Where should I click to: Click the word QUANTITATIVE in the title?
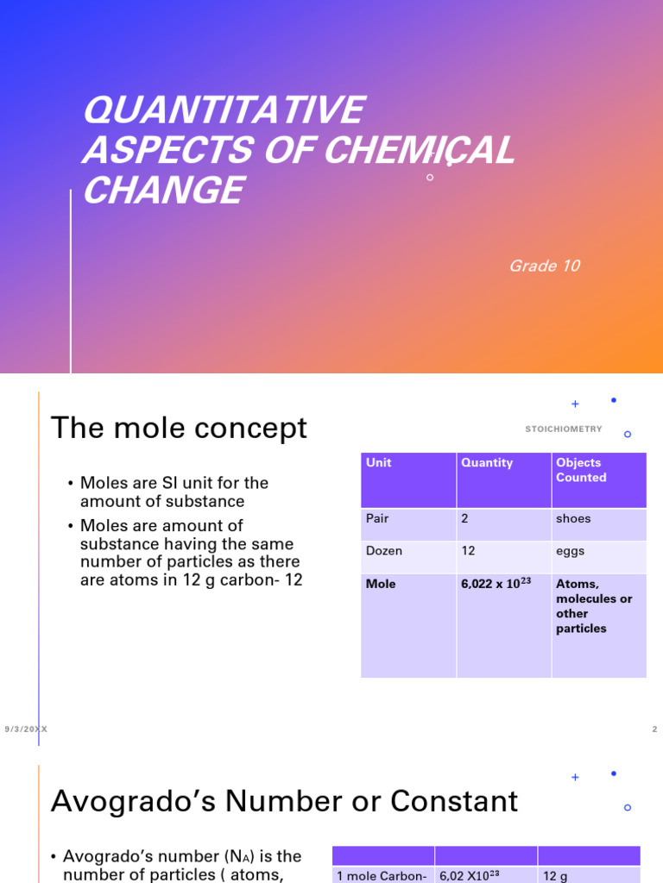pos(223,111)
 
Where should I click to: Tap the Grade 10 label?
pos(544,266)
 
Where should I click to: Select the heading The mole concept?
pos(179,428)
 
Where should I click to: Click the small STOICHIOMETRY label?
pos(564,429)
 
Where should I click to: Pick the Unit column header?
pos(378,463)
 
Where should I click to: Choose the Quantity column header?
pos(487,463)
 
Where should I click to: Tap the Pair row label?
pos(377,519)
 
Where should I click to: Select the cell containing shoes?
pos(573,519)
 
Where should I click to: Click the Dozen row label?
pos(384,551)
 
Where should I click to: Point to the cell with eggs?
pos(570,551)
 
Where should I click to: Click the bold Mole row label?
pos(381,584)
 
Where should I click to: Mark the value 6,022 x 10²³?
pos(495,583)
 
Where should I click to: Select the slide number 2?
pos(654,730)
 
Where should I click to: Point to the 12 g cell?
pos(554,876)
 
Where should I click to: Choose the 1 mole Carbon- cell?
pos(382,876)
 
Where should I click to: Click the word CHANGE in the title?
pos(162,190)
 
